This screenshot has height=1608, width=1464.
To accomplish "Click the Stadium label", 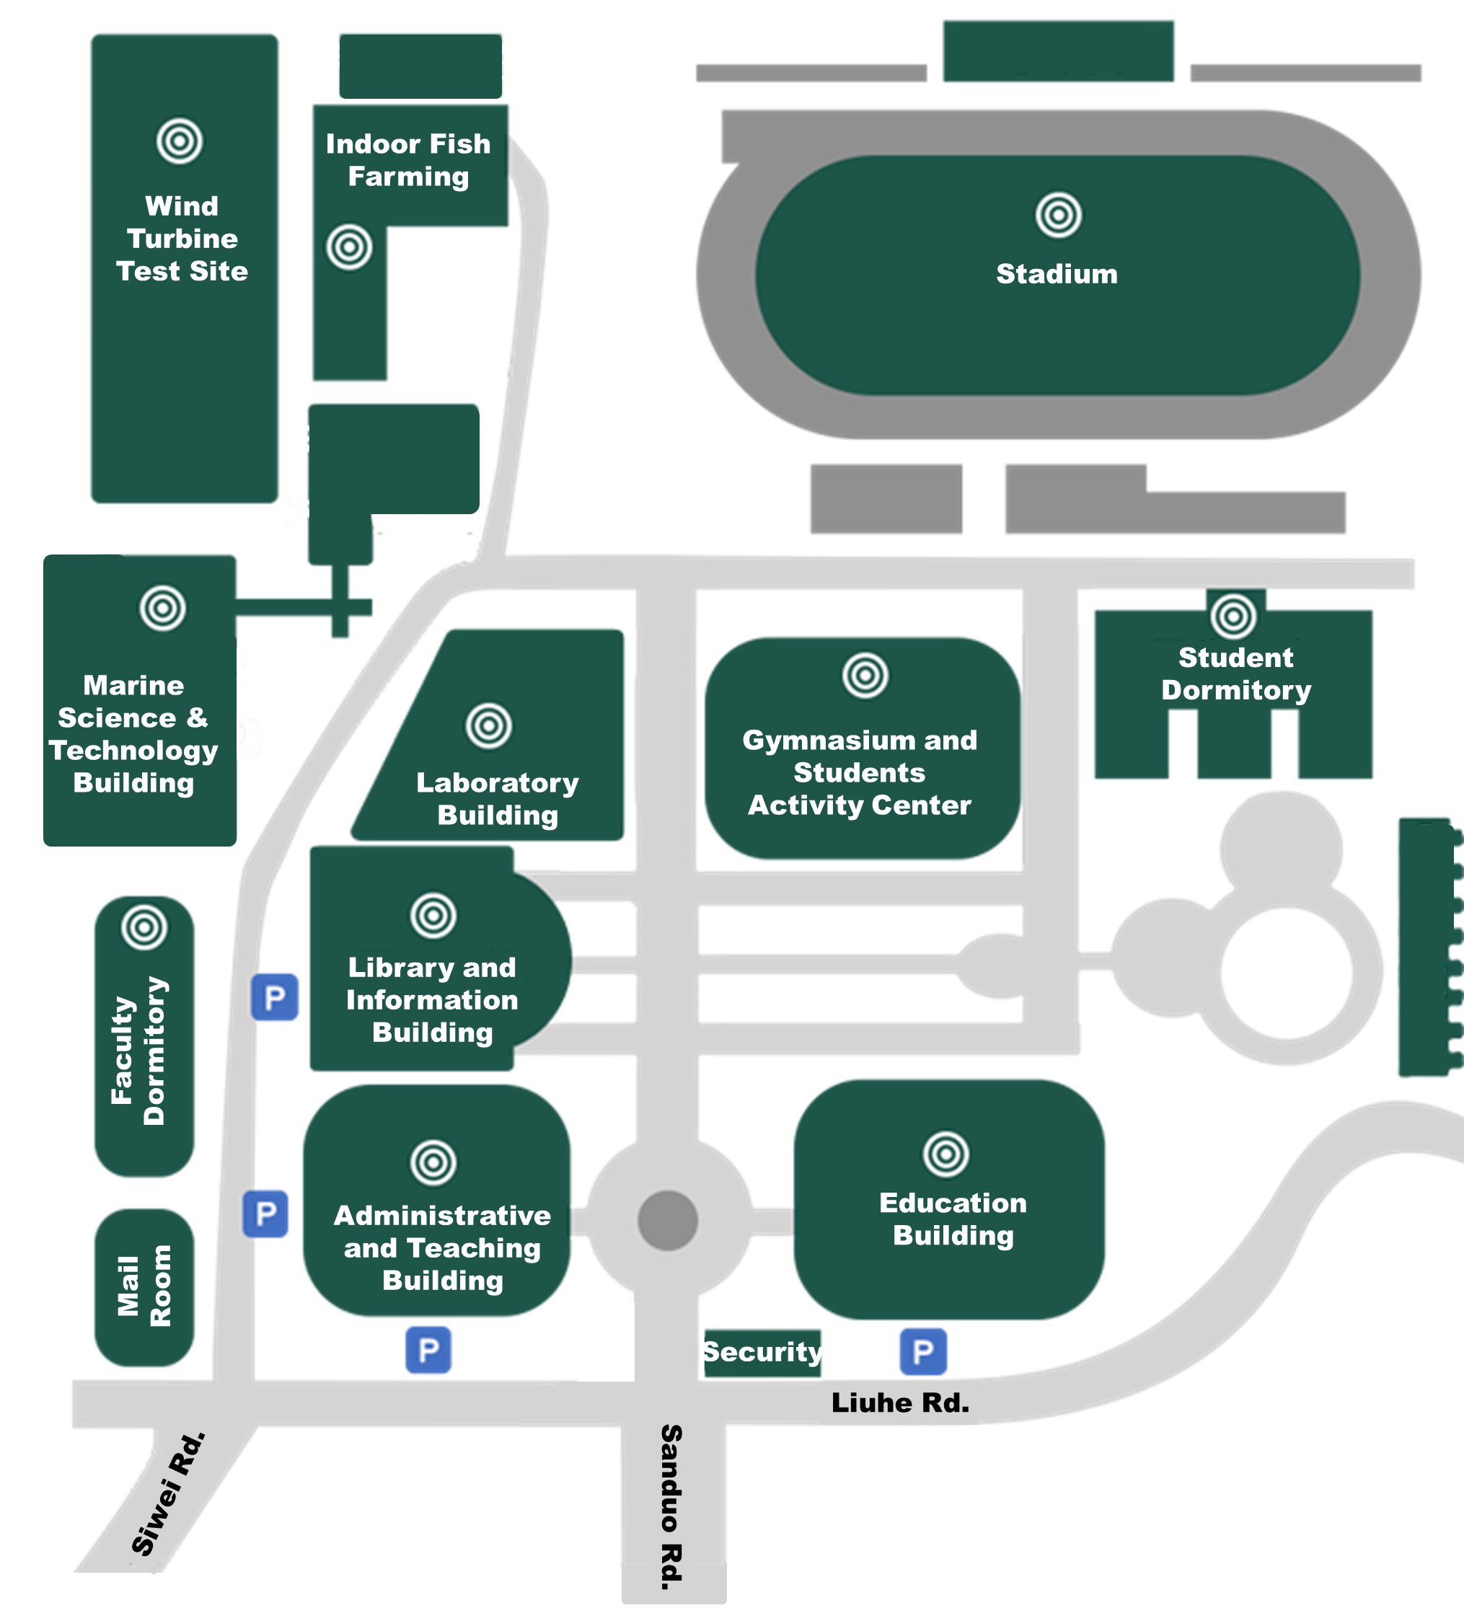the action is (x=1057, y=273).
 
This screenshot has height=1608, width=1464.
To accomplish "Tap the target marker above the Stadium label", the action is (x=1058, y=215).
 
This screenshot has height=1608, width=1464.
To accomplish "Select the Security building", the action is (x=762, y=1352).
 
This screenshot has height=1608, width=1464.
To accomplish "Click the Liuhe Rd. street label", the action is (x=900, y=1402).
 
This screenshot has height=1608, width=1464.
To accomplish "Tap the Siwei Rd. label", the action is (x=168, y=1494).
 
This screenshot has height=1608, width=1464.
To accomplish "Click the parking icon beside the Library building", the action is (x=275, y=997).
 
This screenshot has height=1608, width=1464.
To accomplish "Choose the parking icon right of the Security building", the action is (x=923, y=1351).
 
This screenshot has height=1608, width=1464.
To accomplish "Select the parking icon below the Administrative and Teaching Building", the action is (x=428, y=1350).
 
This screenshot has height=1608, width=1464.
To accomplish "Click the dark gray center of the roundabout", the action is (x=668, y=1220).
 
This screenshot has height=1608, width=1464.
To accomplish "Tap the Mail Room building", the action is (x=144, y=1287).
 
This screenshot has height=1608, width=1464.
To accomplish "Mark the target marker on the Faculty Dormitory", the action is (x=144, y=927).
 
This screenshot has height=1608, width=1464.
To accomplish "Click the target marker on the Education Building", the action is (x=945, y=1153).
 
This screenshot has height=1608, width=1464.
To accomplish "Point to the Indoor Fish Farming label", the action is (x=408, y=159).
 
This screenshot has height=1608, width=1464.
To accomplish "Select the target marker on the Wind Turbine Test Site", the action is (x=180, y=141).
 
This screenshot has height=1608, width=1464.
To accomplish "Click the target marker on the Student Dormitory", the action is (x=1233, y=616).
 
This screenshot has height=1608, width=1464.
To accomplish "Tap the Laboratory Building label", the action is (x=498, y=798).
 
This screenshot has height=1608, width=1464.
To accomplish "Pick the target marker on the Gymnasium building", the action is (x=865, y=676).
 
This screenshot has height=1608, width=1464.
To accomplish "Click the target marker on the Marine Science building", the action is (x=163, y=608).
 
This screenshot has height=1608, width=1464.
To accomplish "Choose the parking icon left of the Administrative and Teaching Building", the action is (x=265, y=1214).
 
